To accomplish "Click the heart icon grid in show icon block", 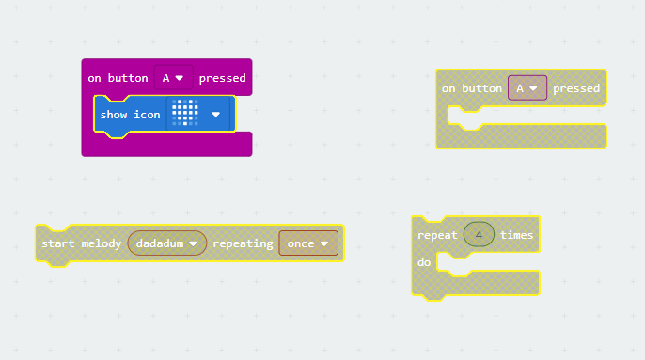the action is (x=185, y=114).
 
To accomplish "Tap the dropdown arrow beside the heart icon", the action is (x=216, y=115).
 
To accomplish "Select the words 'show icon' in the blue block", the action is (x=130, y=115).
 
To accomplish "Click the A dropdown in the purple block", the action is (x=173, y=78).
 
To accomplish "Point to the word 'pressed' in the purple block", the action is (x=222, y=78).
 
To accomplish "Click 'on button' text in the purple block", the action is (x=118, y=78).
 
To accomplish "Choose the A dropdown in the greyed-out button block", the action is (x=527, y=88).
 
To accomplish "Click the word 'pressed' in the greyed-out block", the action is (x=576, y=88).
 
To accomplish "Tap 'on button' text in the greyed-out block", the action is (x=472, y=88).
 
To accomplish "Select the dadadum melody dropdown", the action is (x=166, y=243).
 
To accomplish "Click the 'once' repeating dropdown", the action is (x=307, y=243).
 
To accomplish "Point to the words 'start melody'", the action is (x=82, y=243).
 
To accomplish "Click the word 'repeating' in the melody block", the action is (x=243, y=243).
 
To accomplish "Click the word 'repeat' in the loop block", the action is (x=437, y=235).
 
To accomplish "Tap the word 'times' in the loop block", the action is (x=516, y=235).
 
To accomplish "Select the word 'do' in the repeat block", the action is (x=424, y=261).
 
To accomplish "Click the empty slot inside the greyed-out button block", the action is (x=527, y=114).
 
